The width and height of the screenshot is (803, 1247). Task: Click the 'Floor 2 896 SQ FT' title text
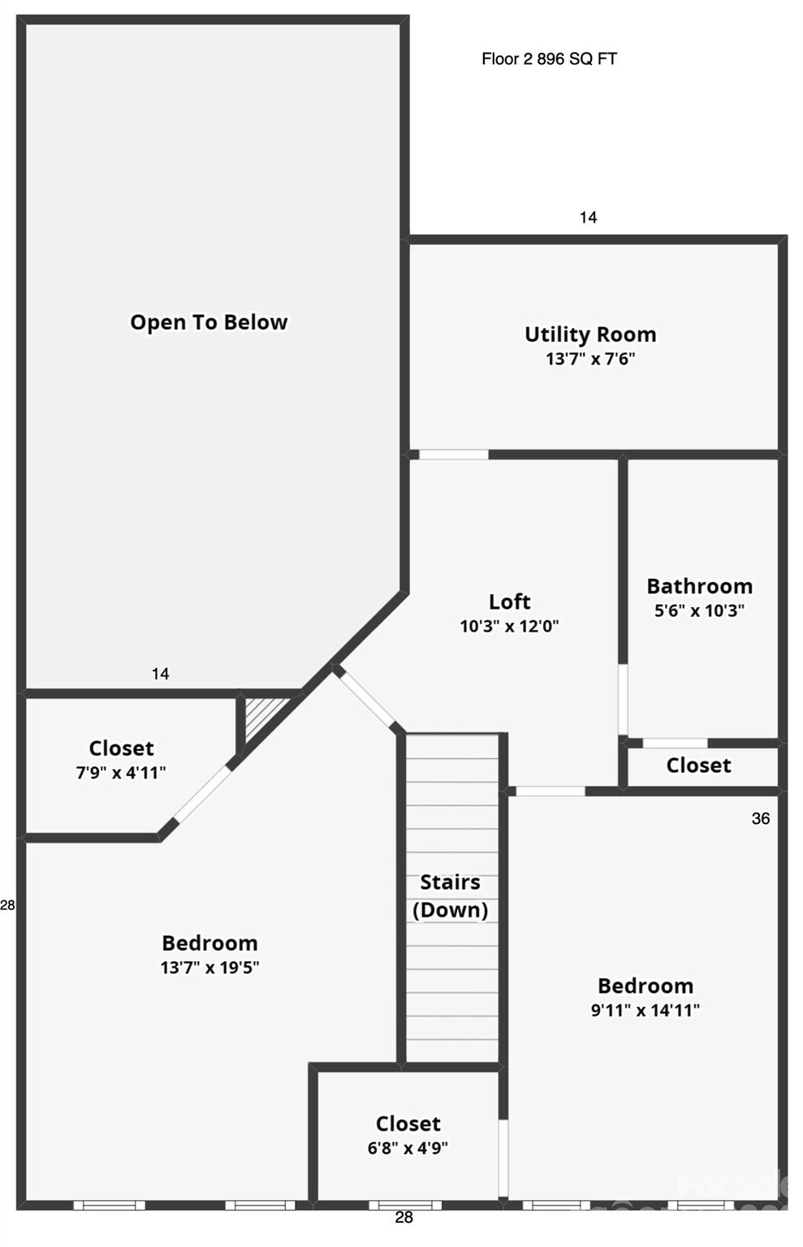549,58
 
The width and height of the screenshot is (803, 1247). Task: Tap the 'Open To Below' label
209,322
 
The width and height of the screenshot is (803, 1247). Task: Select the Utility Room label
590,334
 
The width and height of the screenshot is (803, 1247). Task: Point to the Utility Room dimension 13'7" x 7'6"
590,359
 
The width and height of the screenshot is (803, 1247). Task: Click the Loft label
510,602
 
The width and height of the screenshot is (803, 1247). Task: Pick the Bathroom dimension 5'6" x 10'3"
699,611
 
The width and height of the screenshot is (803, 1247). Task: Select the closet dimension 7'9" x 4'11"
121,773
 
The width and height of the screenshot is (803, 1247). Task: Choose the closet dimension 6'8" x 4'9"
408,1147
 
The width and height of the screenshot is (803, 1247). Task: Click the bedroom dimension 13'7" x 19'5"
210,968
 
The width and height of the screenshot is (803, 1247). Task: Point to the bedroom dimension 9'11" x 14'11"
645,1010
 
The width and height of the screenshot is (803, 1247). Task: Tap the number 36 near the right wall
761,818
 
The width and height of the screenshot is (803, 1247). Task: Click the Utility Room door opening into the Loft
453,455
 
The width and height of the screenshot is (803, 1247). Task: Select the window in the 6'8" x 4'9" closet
405,1206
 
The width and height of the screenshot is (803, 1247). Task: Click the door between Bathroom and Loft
623,699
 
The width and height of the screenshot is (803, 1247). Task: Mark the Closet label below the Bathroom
698,766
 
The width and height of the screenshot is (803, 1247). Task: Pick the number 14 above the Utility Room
588,217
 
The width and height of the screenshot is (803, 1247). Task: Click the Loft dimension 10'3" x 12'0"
510,626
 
